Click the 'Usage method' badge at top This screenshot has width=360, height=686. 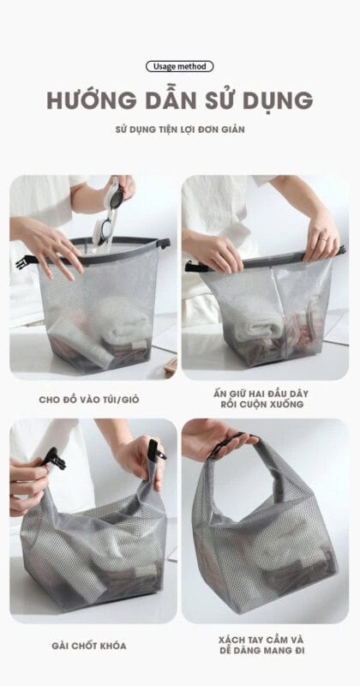(x=179, y=66)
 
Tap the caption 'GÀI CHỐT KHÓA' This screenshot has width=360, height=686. (x=93, y=646)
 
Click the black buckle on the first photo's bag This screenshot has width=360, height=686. (x=27, y=259)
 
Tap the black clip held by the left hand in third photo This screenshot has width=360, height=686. (x=53, y=460)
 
